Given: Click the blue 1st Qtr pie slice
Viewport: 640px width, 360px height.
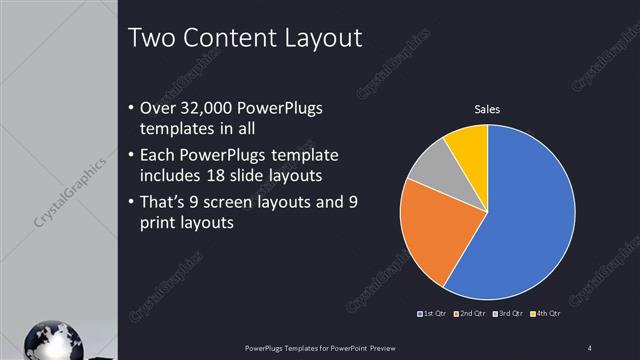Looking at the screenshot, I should click(525, 210).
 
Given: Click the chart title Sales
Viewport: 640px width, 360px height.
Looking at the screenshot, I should click(487, 109).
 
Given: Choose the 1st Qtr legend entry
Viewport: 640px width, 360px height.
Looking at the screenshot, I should click(431, 314).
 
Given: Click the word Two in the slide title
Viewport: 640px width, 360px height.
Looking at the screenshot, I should click(153, 39).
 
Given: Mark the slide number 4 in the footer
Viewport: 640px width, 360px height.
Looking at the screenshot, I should click(590, 347).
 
